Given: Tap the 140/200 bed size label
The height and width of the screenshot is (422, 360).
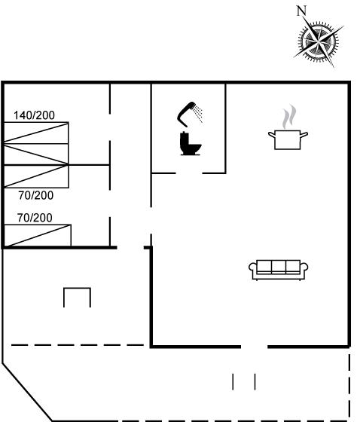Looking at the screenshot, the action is tap(34, 115).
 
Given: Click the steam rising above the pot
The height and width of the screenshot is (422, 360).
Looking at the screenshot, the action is tap(289, 117).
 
